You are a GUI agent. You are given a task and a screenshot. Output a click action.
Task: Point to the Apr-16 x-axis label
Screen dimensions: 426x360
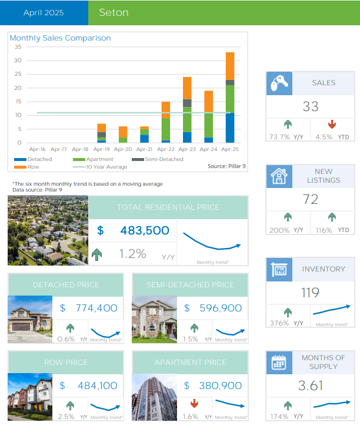tap(38, 149)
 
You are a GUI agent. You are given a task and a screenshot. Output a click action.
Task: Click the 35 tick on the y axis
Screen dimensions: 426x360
tap(18, 46)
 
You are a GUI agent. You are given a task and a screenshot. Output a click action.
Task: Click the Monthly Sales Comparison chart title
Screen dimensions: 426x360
tap(61, 38)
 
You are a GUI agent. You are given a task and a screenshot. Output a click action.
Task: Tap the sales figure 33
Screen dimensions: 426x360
tap(310, 106)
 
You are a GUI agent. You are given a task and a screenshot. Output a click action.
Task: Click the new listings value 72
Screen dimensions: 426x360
tap(310, 199)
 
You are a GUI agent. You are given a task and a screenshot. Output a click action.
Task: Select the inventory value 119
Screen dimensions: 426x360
tap(310, 292)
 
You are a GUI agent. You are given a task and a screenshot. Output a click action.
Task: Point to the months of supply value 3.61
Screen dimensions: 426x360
tap(310, 385)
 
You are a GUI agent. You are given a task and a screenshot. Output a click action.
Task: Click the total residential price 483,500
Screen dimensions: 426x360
tap(144, 231)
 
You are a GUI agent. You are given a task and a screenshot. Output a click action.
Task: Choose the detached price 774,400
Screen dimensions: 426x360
tap(96, 307)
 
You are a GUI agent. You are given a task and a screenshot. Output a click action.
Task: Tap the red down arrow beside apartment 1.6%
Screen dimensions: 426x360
tap(194, 404)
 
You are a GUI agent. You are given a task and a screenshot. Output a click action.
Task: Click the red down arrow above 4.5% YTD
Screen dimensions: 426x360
tap(332, 125)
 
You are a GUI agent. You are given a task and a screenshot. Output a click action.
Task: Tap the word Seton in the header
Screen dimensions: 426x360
tap(114, 12)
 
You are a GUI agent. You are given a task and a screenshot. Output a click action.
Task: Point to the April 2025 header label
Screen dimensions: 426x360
tap(44, 12)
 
